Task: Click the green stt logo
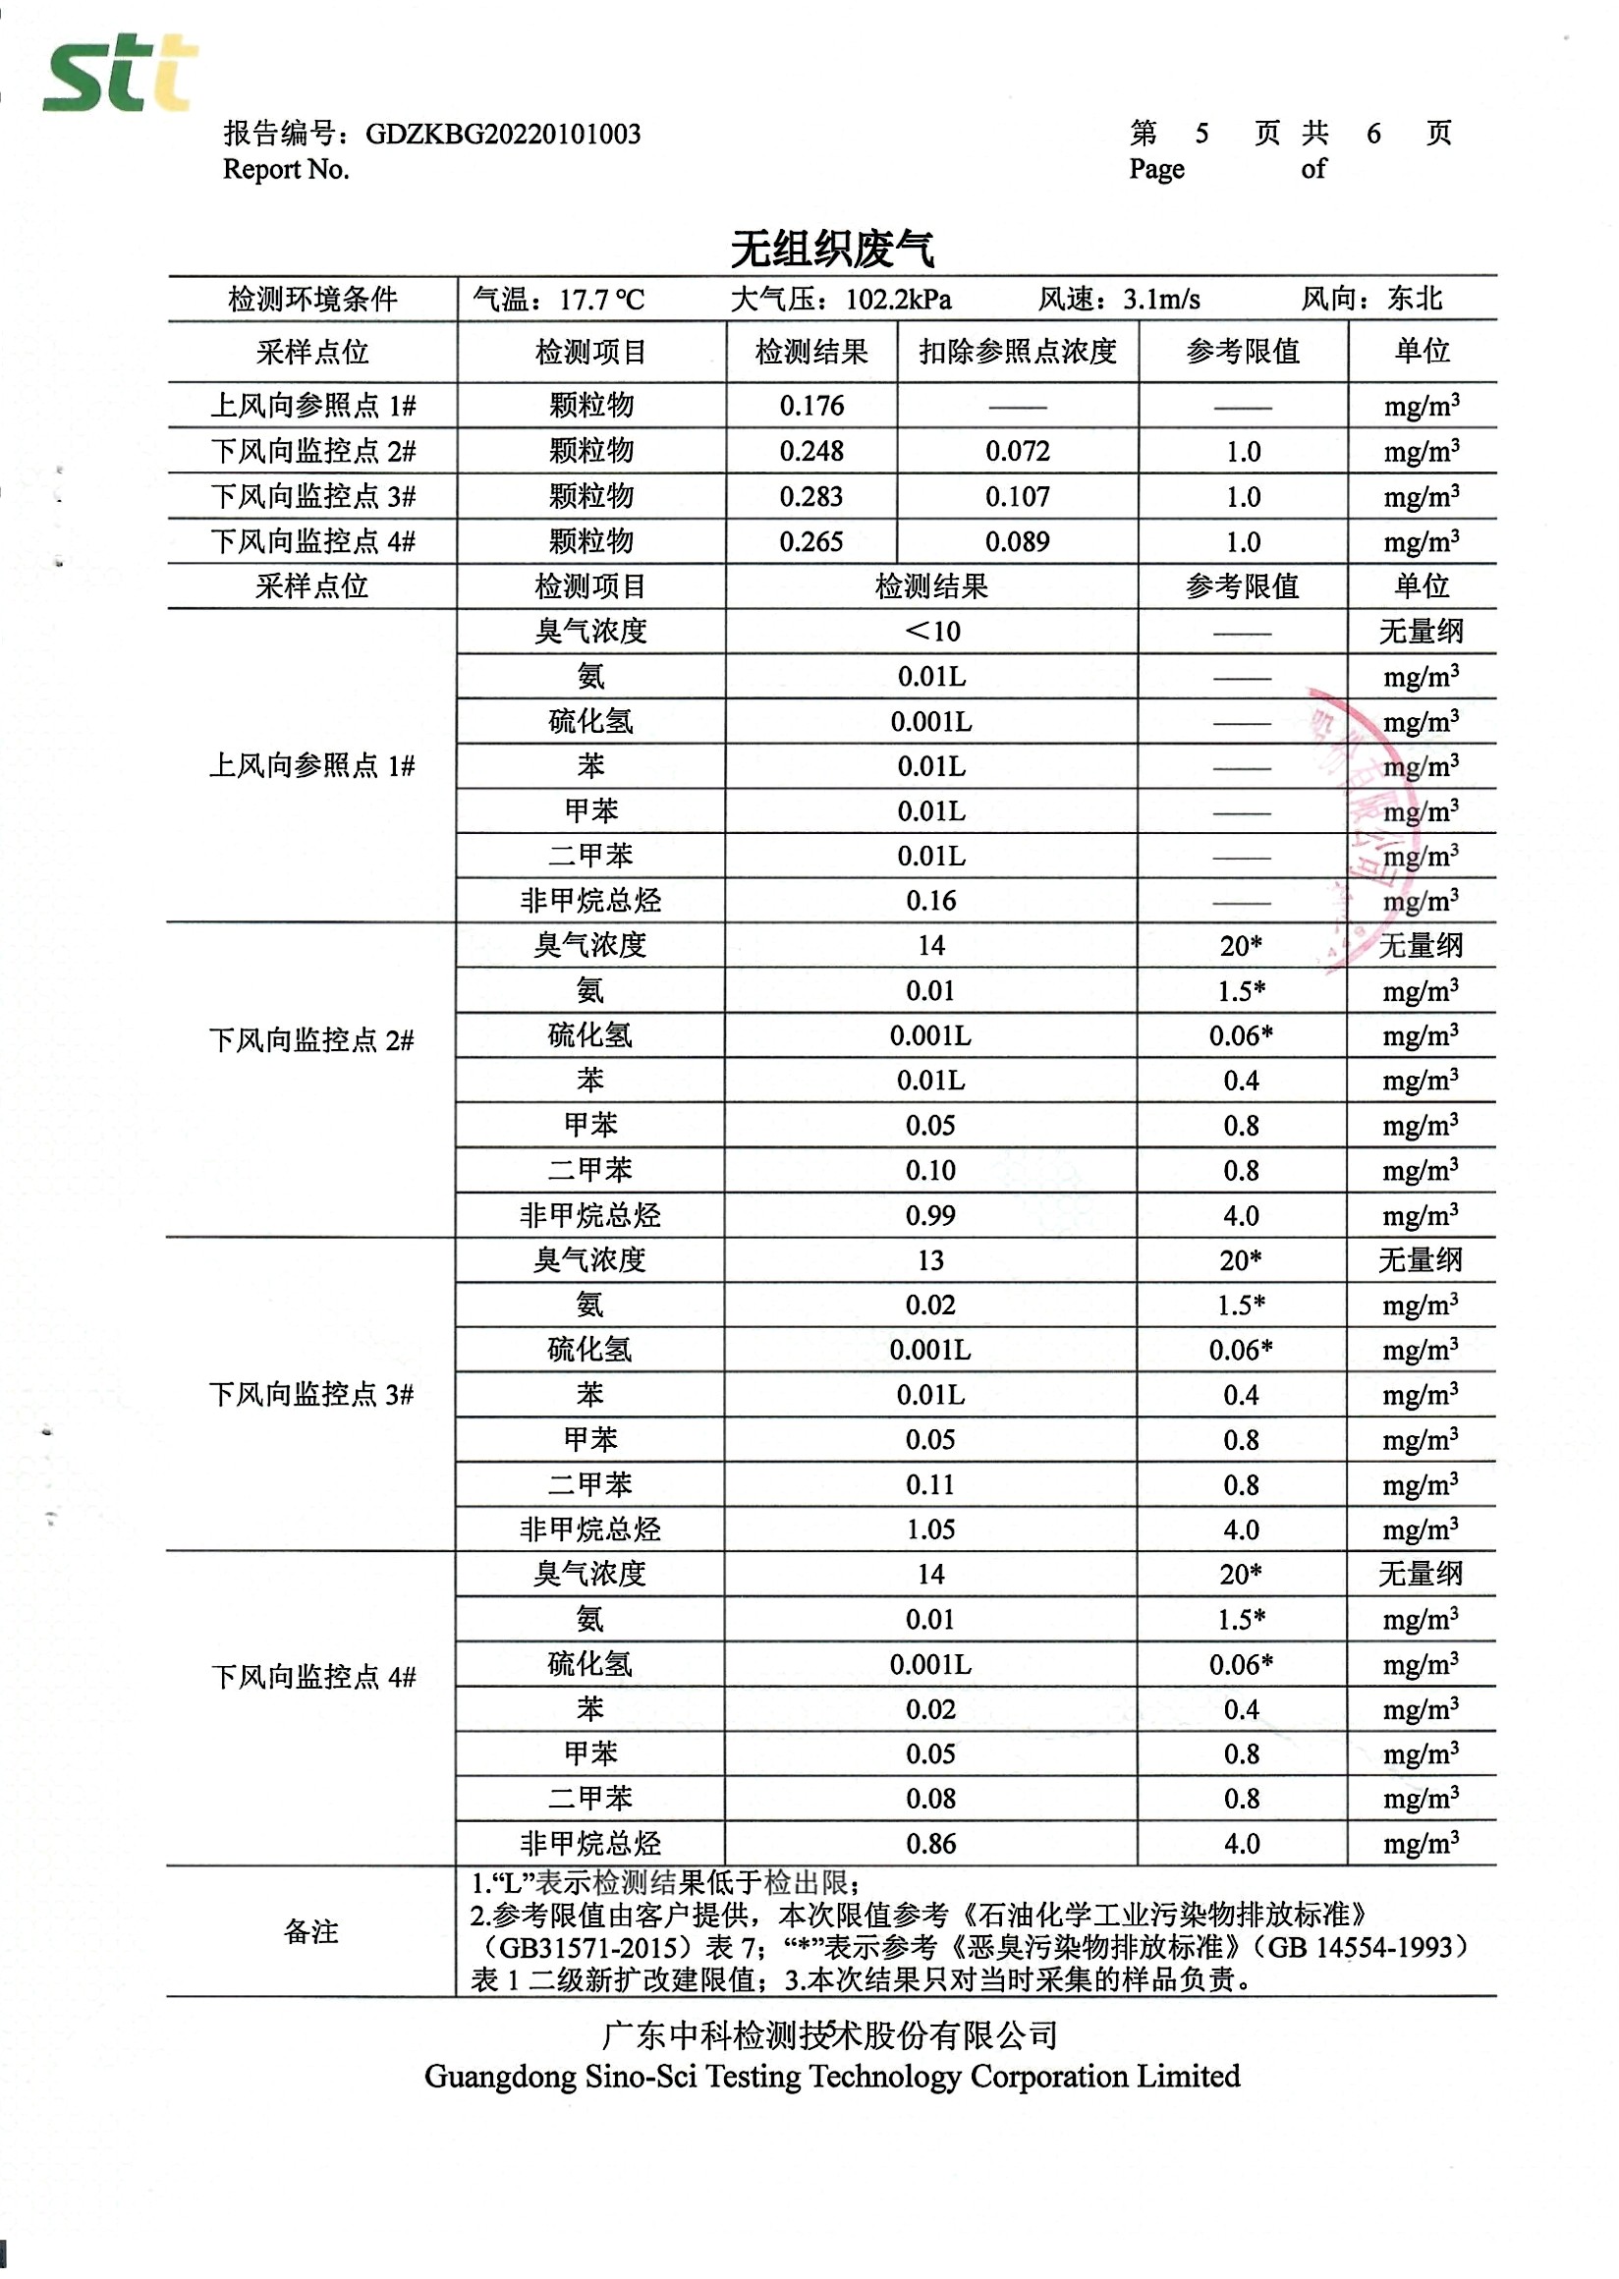point(120,74)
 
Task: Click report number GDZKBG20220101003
point(502,135)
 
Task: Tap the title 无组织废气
point(831,250)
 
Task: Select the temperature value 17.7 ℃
point(601,299)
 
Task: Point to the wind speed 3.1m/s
point(1161,299)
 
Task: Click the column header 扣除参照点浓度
point(1017,352)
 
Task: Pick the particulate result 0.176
point(811,406)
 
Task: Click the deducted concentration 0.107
point(1017,496)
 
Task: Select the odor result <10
point(931,631)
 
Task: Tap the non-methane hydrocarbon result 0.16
point(931,901)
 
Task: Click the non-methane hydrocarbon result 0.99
point(930,1215)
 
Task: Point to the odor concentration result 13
point(930,1260)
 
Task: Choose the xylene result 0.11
point(930,1484)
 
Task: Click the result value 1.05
point(930,1529)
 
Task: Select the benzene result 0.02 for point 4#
point(930,1708)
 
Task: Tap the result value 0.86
point(930,1844)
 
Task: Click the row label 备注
point(311,1932)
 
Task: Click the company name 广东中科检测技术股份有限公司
point(830,2033)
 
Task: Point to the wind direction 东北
point(1415,298)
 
